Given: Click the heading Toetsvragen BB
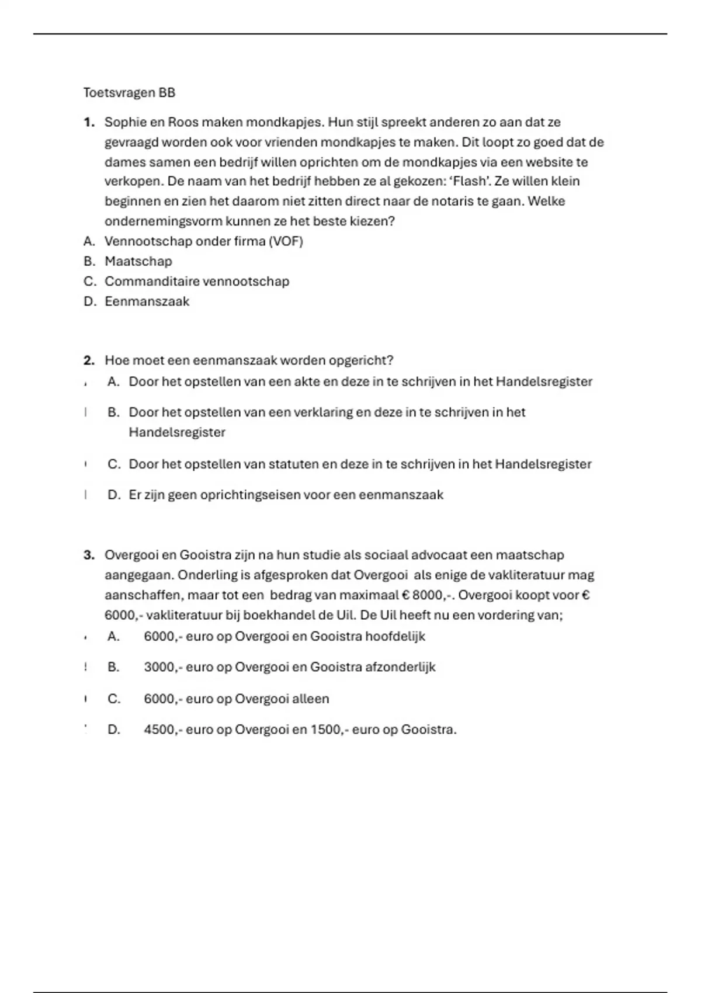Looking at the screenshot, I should point(129,93).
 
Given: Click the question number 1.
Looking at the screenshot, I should point(89,123).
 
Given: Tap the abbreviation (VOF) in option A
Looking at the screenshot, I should point(286,241).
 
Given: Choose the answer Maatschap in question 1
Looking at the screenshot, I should point(138,261).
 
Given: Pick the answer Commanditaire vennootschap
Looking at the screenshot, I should point(197,282).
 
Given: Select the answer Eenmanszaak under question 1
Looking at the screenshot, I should point(147,301).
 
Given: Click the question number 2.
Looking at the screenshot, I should point(89,360).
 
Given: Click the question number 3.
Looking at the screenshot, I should point(89,555).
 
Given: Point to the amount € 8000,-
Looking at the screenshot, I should point(428,595).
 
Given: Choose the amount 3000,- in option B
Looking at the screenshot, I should point(162,667).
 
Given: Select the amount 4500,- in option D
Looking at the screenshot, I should point(162,730).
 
